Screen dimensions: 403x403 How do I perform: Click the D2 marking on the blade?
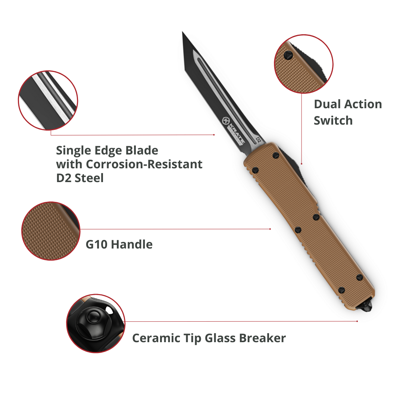click(x=257, y=140)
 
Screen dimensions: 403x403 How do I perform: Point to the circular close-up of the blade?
click(x=48, y=100)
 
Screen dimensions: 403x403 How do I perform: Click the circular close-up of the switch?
click(x=303, y=64)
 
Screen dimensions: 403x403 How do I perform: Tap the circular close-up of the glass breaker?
click(x=96, y=323)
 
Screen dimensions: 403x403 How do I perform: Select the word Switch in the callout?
click(x=333, y=121)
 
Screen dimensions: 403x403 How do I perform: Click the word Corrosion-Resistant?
click(x=145, y=164)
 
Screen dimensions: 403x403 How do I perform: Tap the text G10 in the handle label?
click(x=97, y=245)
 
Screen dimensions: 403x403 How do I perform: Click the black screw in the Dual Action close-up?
click(x=287, y=55)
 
